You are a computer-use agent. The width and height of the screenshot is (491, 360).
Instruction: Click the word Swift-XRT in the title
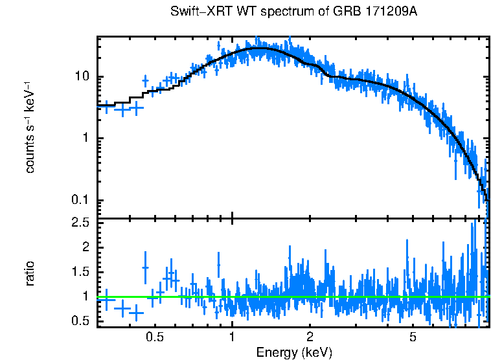tap(196, 12)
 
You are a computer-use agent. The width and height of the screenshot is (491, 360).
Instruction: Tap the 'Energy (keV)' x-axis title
tap(294, 352)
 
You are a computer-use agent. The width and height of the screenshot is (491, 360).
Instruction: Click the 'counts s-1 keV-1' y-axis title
tap(30, 128)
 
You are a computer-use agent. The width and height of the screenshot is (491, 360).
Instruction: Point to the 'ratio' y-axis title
tap(30, 273)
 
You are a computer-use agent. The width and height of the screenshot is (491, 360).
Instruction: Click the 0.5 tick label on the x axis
tap(154, 337)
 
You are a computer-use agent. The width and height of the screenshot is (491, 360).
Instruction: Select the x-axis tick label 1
tap(232, 337)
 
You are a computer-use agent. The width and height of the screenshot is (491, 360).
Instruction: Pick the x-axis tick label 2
tap(310, 337)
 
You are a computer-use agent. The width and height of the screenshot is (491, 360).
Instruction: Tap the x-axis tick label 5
tap(413, 337)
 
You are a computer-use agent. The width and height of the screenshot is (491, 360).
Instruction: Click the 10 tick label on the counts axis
tap(82, 77)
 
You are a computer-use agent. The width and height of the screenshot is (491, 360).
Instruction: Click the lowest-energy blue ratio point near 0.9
tap(106, 300)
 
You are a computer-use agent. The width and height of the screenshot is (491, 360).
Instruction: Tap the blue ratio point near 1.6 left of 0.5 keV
tap(145, 267)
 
